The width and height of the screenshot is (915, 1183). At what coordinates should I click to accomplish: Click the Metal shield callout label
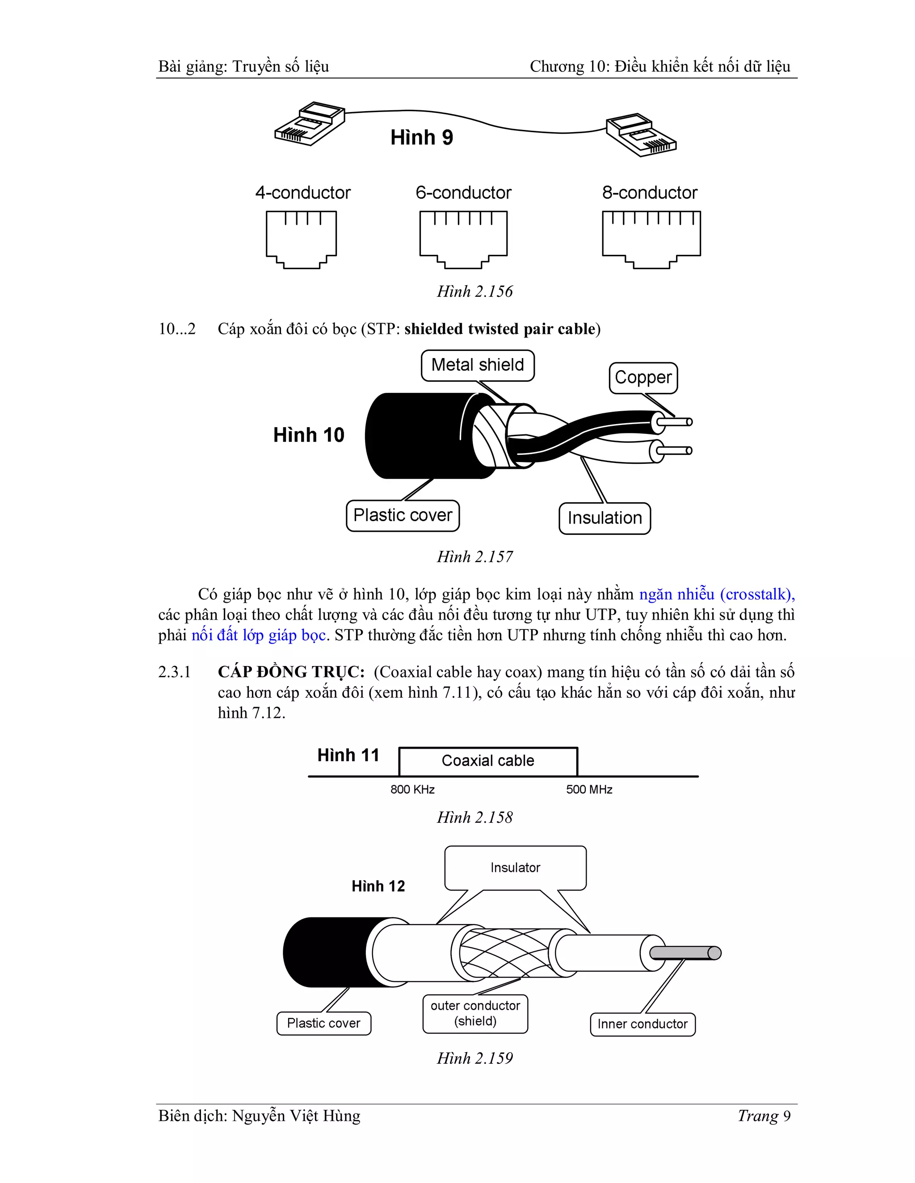(477, 365)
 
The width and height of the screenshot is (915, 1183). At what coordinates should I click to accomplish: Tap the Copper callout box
(643, 378)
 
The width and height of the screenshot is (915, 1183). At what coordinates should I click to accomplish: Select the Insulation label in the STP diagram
(604, 518)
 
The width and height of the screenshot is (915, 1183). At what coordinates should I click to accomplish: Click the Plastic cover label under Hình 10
(402, 515)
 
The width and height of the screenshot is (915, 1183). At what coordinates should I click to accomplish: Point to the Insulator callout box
(515, 868)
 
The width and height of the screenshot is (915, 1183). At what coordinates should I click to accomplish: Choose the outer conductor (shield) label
(475, 1013)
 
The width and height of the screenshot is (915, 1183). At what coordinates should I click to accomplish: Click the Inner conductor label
(642, 1024)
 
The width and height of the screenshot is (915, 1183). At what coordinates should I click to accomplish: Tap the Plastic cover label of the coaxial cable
(323, 1023)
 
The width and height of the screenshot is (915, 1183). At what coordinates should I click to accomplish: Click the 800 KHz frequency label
(412, 790)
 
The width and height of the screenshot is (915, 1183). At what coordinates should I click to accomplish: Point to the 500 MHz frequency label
(589, 790)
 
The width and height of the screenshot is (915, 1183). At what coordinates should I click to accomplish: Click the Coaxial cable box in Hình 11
(488, 761)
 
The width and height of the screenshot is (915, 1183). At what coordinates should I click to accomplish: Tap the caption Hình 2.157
(475, 557)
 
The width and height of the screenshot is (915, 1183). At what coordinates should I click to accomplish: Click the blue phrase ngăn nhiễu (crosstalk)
(717, 595)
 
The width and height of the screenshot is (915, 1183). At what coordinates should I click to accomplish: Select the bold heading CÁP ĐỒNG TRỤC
(291, 672)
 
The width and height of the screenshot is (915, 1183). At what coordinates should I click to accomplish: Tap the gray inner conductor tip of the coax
(685, 953)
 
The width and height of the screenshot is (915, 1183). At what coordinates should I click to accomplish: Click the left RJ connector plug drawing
(309, 124)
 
